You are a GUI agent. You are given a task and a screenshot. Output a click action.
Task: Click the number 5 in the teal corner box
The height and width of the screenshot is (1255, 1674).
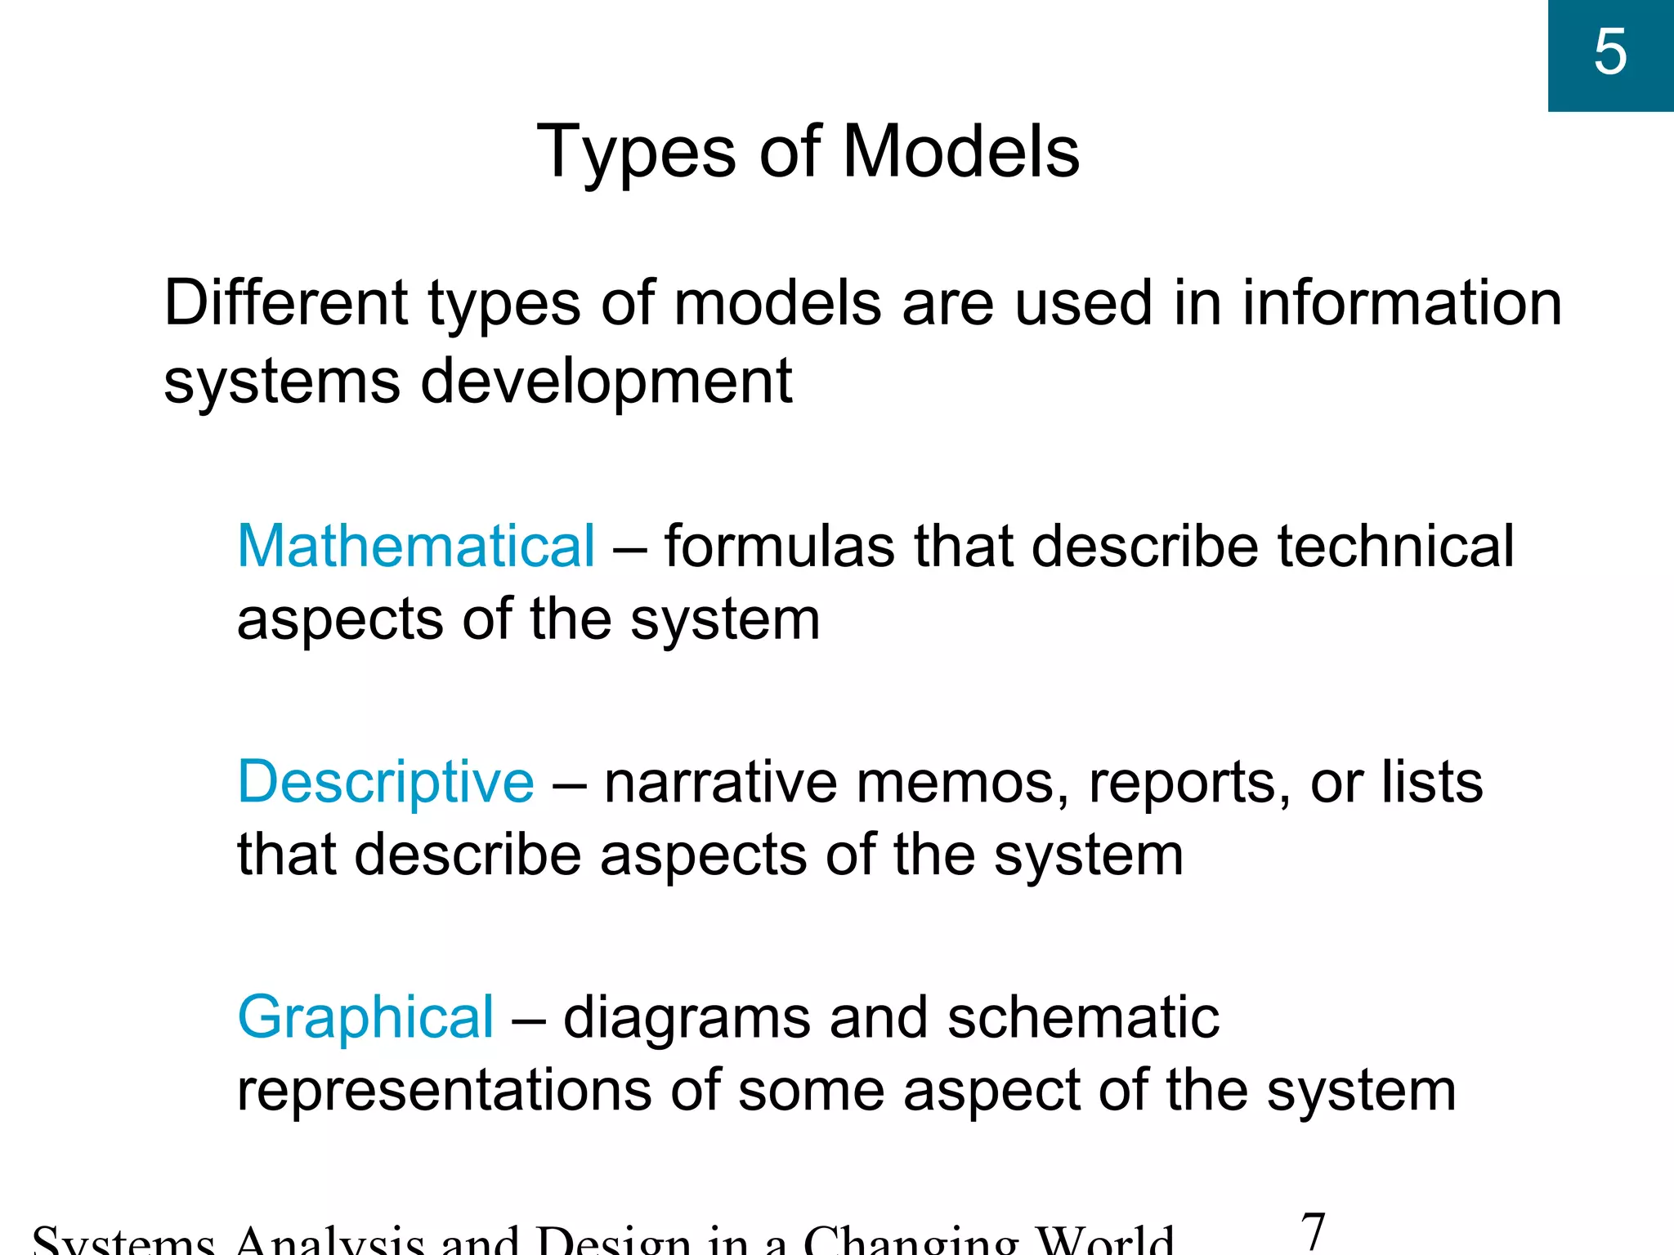(1609, 53)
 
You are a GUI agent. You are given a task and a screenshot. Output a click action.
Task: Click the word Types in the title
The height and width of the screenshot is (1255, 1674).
(636, 153)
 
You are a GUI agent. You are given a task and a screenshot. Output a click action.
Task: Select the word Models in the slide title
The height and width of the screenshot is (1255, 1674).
(960, 153)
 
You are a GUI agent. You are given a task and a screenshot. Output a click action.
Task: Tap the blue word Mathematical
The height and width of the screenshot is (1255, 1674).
(415, 546)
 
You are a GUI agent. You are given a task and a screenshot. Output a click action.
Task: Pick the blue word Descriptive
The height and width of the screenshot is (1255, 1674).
(385, 782)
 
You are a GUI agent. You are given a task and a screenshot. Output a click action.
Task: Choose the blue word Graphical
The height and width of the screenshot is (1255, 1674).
(365, 1017)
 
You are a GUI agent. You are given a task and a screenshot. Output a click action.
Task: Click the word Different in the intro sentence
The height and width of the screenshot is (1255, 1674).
(285, 303)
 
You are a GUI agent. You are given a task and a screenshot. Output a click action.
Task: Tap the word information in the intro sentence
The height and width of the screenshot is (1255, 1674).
(1402, 303)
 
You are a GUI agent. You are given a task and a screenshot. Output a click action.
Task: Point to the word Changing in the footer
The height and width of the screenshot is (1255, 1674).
(912, 1242)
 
